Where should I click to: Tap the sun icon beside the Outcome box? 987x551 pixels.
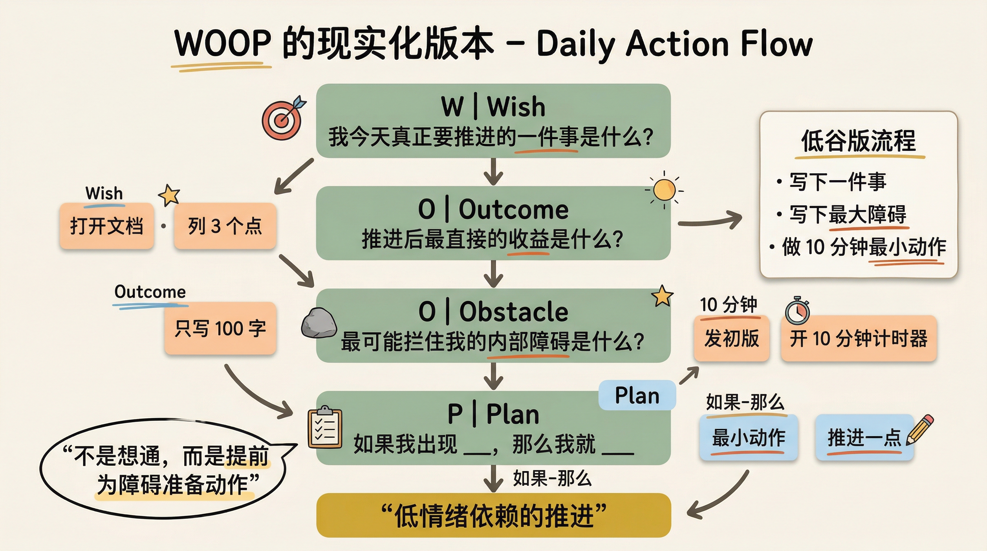tap(664, 190)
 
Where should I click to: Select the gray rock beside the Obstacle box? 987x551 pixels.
tap(319, 323)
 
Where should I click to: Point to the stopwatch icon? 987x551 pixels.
tap(797, 310)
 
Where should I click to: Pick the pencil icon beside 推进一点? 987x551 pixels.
tap(920, 429)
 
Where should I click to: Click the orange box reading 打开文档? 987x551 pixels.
tap(107, 226)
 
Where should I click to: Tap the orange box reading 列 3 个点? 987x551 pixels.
tap(225, 226)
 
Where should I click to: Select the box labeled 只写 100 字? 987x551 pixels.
tap(220, 328)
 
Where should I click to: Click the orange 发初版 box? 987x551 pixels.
tap(731, 338)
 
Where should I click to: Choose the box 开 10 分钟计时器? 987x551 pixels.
tap(858, 338)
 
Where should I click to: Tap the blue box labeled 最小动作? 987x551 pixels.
tap(748, 438)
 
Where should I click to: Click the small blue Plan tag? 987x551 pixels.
tap(637, 395)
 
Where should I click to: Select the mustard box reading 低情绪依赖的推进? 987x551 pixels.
tap(493, 515)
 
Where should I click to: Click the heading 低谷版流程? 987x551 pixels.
tap(858, 141)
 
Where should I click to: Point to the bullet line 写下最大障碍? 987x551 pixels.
tap(847, 215)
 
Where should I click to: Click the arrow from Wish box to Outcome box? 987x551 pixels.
tap(493, 172)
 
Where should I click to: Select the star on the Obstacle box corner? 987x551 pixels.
tap(662, 296)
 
